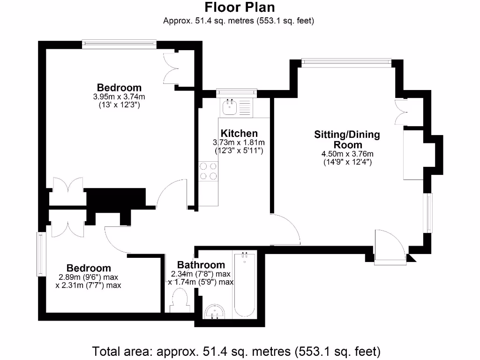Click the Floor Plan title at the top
[x=240, y=7]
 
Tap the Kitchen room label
[x=239, y=134]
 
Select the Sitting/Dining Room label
[x=347, y=140]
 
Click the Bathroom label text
[x=201, y=265]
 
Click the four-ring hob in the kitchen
[x=208, y=171]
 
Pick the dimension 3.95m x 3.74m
[x=119, y=97]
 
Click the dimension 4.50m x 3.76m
[x=347, y=154]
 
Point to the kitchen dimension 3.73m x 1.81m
[x=239, y=142]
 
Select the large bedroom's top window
[x=119, y=44]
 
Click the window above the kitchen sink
[x=237, y=93]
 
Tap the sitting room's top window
[x=346, y=62]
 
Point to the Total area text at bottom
[x=236, y=351]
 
